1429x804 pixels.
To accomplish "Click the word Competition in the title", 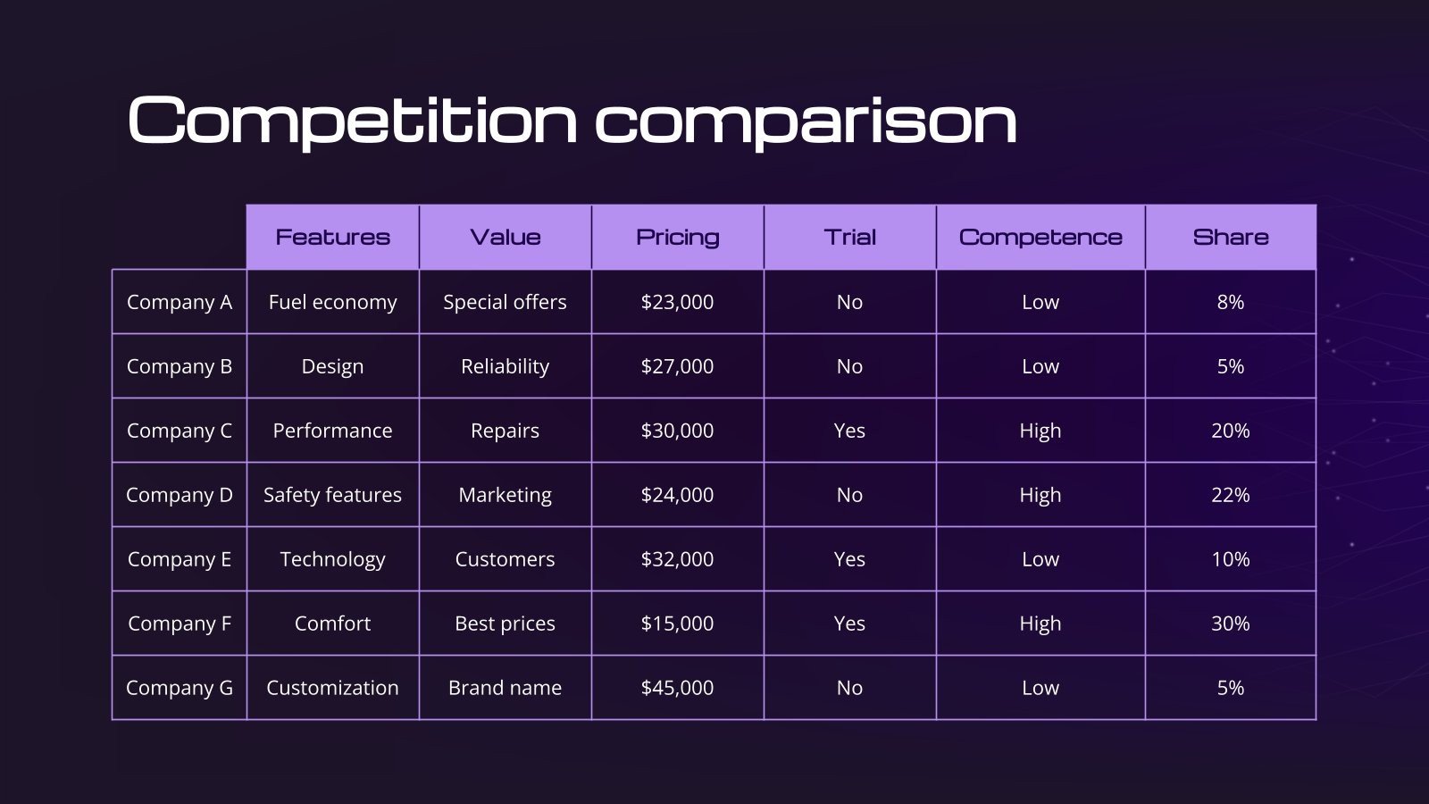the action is [x=353, y=121].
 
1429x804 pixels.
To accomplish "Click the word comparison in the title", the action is [x=806, y=122].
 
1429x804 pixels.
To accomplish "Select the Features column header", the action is [x=332, y=238].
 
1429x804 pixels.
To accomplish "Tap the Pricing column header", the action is [x=678, y=238].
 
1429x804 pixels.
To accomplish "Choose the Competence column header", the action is [x=1040, y=238].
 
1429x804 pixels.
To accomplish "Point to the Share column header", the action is [x=1231, y=238].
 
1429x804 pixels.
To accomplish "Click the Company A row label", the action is [x=180, y=303].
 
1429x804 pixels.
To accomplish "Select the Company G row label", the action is [x=180, y=688].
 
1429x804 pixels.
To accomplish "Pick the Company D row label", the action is [x=180, y=495].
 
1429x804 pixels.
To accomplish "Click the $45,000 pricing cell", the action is [x=678, y=688].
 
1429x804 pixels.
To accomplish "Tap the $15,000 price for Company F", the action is [x=678, y=624].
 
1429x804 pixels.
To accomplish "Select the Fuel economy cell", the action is [x=332, y=303].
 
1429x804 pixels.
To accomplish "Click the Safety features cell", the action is [x=332, y=495].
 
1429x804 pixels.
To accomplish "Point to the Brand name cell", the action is [x=506, y=688].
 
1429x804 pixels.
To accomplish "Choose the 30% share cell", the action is [x=1231, y=624].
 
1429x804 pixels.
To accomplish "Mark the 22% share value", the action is [x=1231, y=495].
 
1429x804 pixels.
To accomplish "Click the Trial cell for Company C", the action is [x=849, y=431].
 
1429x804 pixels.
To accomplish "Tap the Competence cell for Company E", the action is [x=1040, y=559].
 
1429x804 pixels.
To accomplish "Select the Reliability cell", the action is [x=506, y=367].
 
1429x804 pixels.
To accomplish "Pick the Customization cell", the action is [x=332, y=688].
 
